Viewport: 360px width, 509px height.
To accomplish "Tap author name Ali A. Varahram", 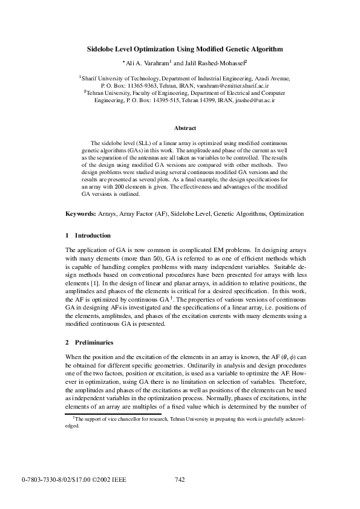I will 145,62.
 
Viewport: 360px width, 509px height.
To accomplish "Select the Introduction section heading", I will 93,235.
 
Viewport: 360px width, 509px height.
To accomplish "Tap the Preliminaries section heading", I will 93,343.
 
